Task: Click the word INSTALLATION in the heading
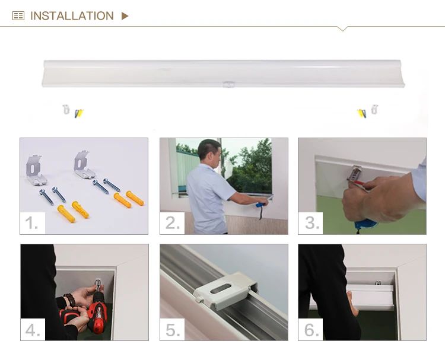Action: [72, 16]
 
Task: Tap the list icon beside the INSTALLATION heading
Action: [18, 16]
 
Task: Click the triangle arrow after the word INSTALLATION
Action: [125, 16]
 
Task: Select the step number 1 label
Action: [31, 222]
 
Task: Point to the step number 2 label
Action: [173, 222]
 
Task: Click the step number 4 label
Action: [33, 330]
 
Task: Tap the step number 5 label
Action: [173, 330]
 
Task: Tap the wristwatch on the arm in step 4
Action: [70, 300]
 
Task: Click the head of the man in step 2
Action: [209, 152]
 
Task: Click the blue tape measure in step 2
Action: [261, 205]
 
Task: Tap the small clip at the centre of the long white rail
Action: [228, 84]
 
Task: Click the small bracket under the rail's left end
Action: [66, 109]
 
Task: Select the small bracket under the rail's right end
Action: [374, 109]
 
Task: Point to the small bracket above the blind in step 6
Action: [378, 282]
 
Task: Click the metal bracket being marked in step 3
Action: [355, 174]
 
